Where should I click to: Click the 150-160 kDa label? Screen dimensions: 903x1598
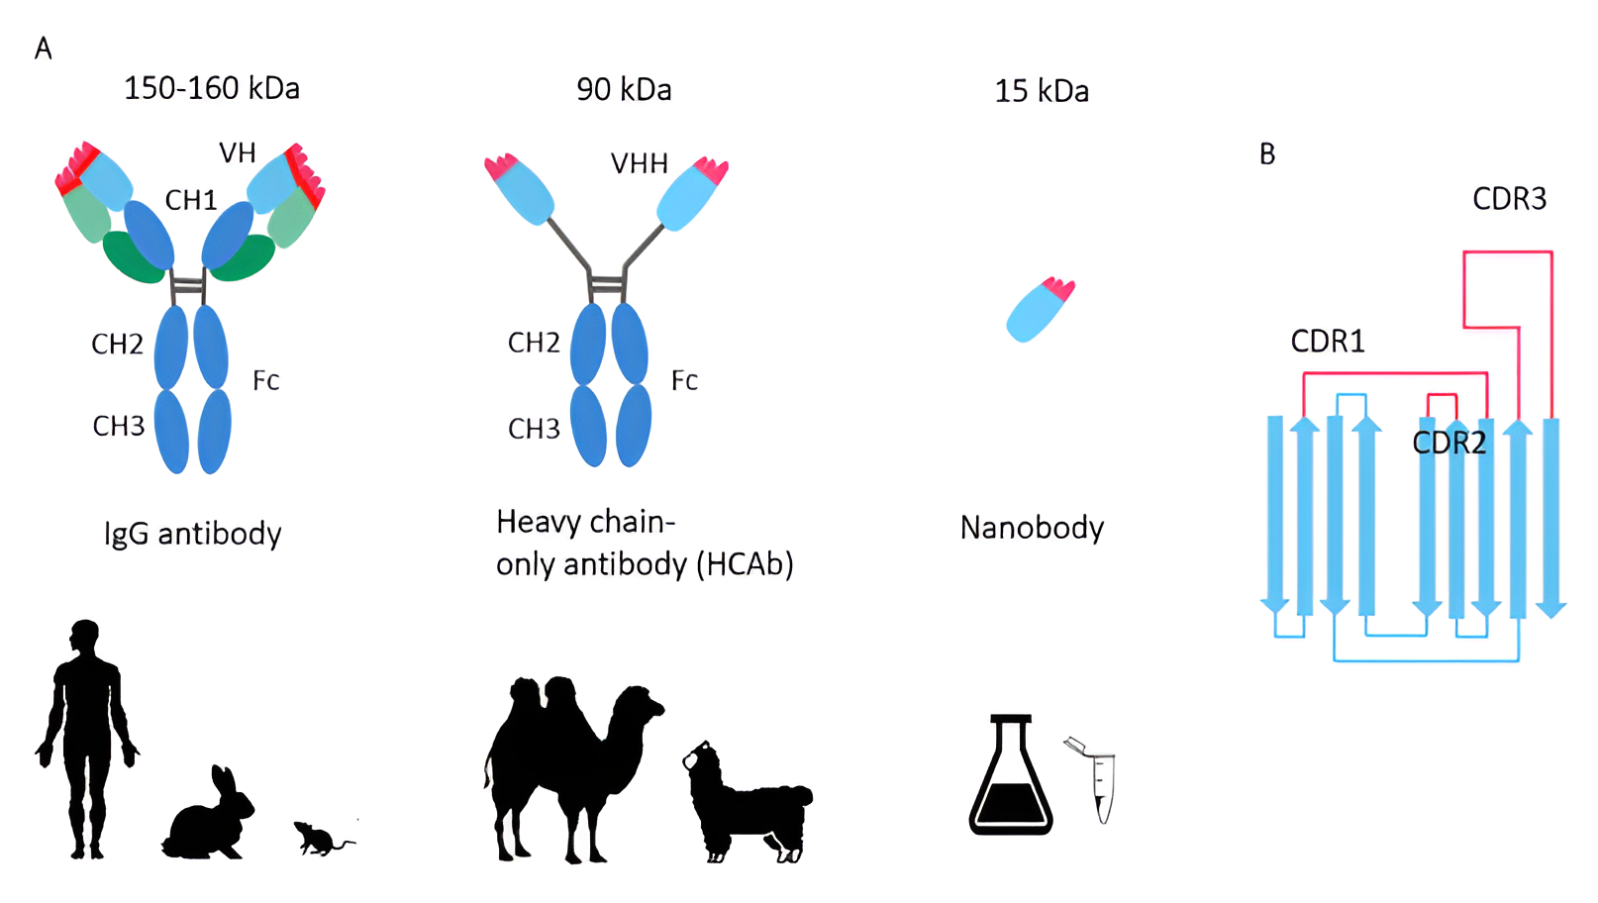click(211, 88)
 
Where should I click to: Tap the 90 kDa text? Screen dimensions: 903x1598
click(624, 90)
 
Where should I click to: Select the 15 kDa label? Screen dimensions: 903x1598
click(1041, 91)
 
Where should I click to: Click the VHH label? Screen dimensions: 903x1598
click(639, 163)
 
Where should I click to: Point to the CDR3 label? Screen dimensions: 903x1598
click(1509, 199)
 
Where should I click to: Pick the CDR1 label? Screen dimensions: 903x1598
click(1328, 342)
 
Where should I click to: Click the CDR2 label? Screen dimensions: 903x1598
click(1448, 443)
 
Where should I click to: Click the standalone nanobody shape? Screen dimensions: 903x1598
click(1038, 311)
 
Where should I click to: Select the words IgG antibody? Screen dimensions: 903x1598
click(193, 534)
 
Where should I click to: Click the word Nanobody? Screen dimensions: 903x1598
click(1032, 528)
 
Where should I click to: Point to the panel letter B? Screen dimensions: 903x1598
click(1267, 154)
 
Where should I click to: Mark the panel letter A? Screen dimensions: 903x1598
click(43, 49)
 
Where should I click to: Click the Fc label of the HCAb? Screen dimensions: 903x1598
click(684, 381)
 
